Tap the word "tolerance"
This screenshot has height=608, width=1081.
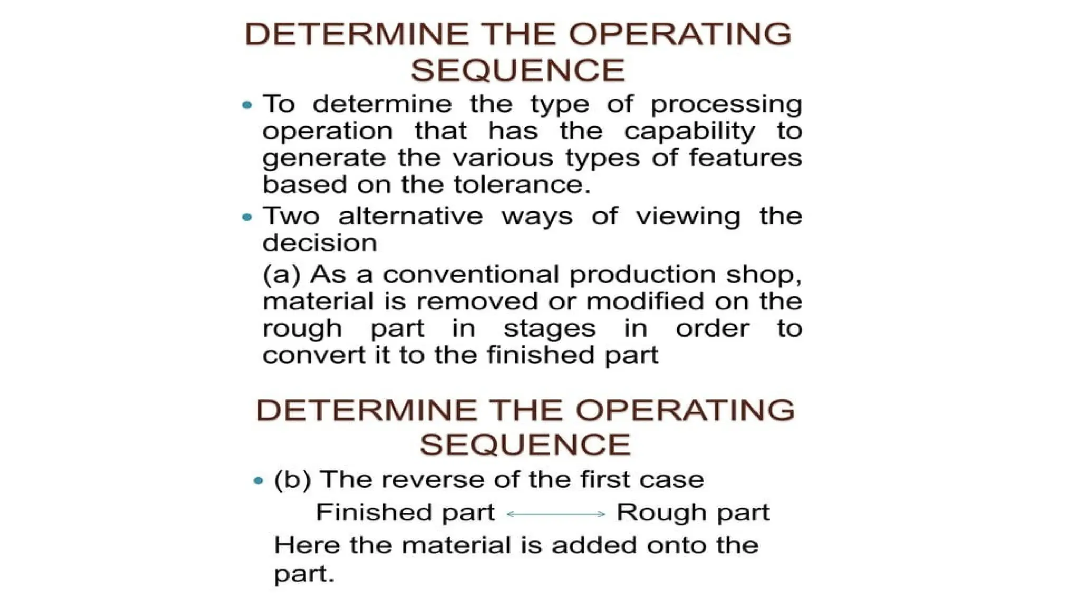[x=522, y=185]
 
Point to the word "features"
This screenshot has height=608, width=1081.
[x=745, y=158]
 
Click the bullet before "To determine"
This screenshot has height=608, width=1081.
[x=247, y=105]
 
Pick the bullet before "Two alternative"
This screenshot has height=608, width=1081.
[x=247, y=217]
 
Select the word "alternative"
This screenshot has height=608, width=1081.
[x=410, y=216]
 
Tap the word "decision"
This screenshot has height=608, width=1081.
[x=319, y=243]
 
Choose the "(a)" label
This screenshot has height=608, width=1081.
[x=281, y=275]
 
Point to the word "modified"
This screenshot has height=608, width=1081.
[x=645, y=301]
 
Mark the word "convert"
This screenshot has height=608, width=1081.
[x=314, y=355]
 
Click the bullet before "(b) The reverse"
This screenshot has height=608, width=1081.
[x=258, y=481]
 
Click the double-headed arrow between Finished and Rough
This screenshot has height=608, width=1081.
[x=555, y=514]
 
